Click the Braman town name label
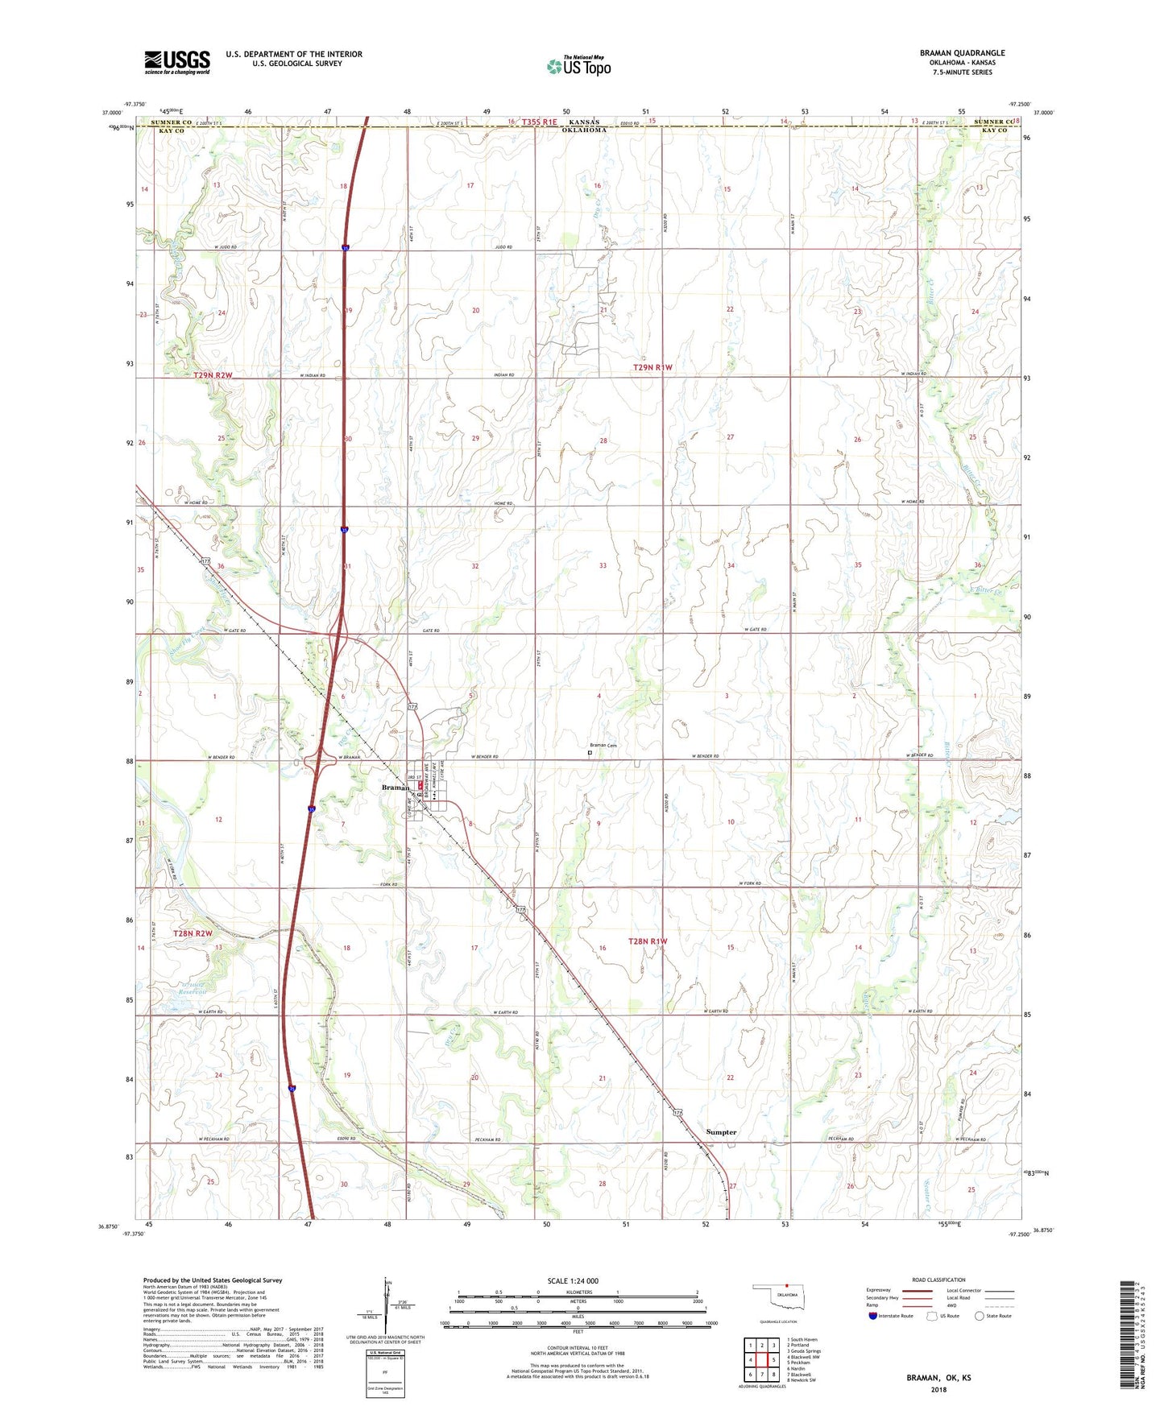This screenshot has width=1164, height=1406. [395, 788]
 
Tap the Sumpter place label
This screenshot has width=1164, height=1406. [721, 1131]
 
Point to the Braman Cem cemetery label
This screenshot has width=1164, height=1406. [603, 746]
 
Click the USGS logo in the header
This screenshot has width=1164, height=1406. [177, 62]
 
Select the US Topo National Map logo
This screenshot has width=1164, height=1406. [578, 66]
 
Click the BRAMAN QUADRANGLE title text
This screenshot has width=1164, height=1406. [962, 53]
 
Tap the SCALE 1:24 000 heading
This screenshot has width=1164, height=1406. [573, 1280]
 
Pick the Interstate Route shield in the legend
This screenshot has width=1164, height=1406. [873, 1316]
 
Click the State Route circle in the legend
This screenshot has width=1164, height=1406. [980, 1316]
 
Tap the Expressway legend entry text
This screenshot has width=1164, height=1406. [878, 1290]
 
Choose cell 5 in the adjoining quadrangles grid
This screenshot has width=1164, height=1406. [773, 1359]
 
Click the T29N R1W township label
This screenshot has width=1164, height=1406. [652, 367]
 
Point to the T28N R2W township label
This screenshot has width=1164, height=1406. [193, 933]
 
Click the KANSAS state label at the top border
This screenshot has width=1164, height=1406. [584, 122]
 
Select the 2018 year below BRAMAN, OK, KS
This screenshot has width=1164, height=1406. [938, 1389]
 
